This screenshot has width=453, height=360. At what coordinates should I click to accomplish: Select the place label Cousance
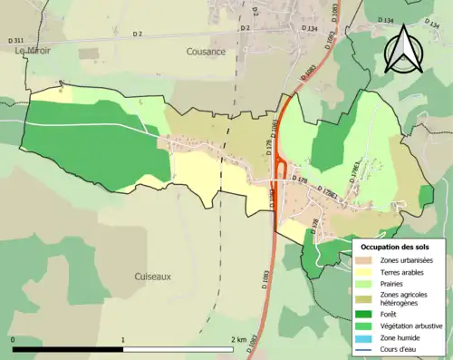pyautogui.click(x=207, y=52)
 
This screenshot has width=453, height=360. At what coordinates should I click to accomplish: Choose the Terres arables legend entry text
pyautogui.click(x=405, y=271)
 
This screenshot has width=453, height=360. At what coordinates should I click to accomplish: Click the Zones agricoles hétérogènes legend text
pyautogui.click(x=406, y=298)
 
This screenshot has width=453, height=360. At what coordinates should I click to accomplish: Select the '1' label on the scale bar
pyautogui.click(x=123, y=339)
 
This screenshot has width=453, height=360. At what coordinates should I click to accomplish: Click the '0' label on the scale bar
pyautogui.click(x=13, y=339)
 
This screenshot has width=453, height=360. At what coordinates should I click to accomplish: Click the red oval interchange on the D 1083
pyautogui.click(x=282, y=170)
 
